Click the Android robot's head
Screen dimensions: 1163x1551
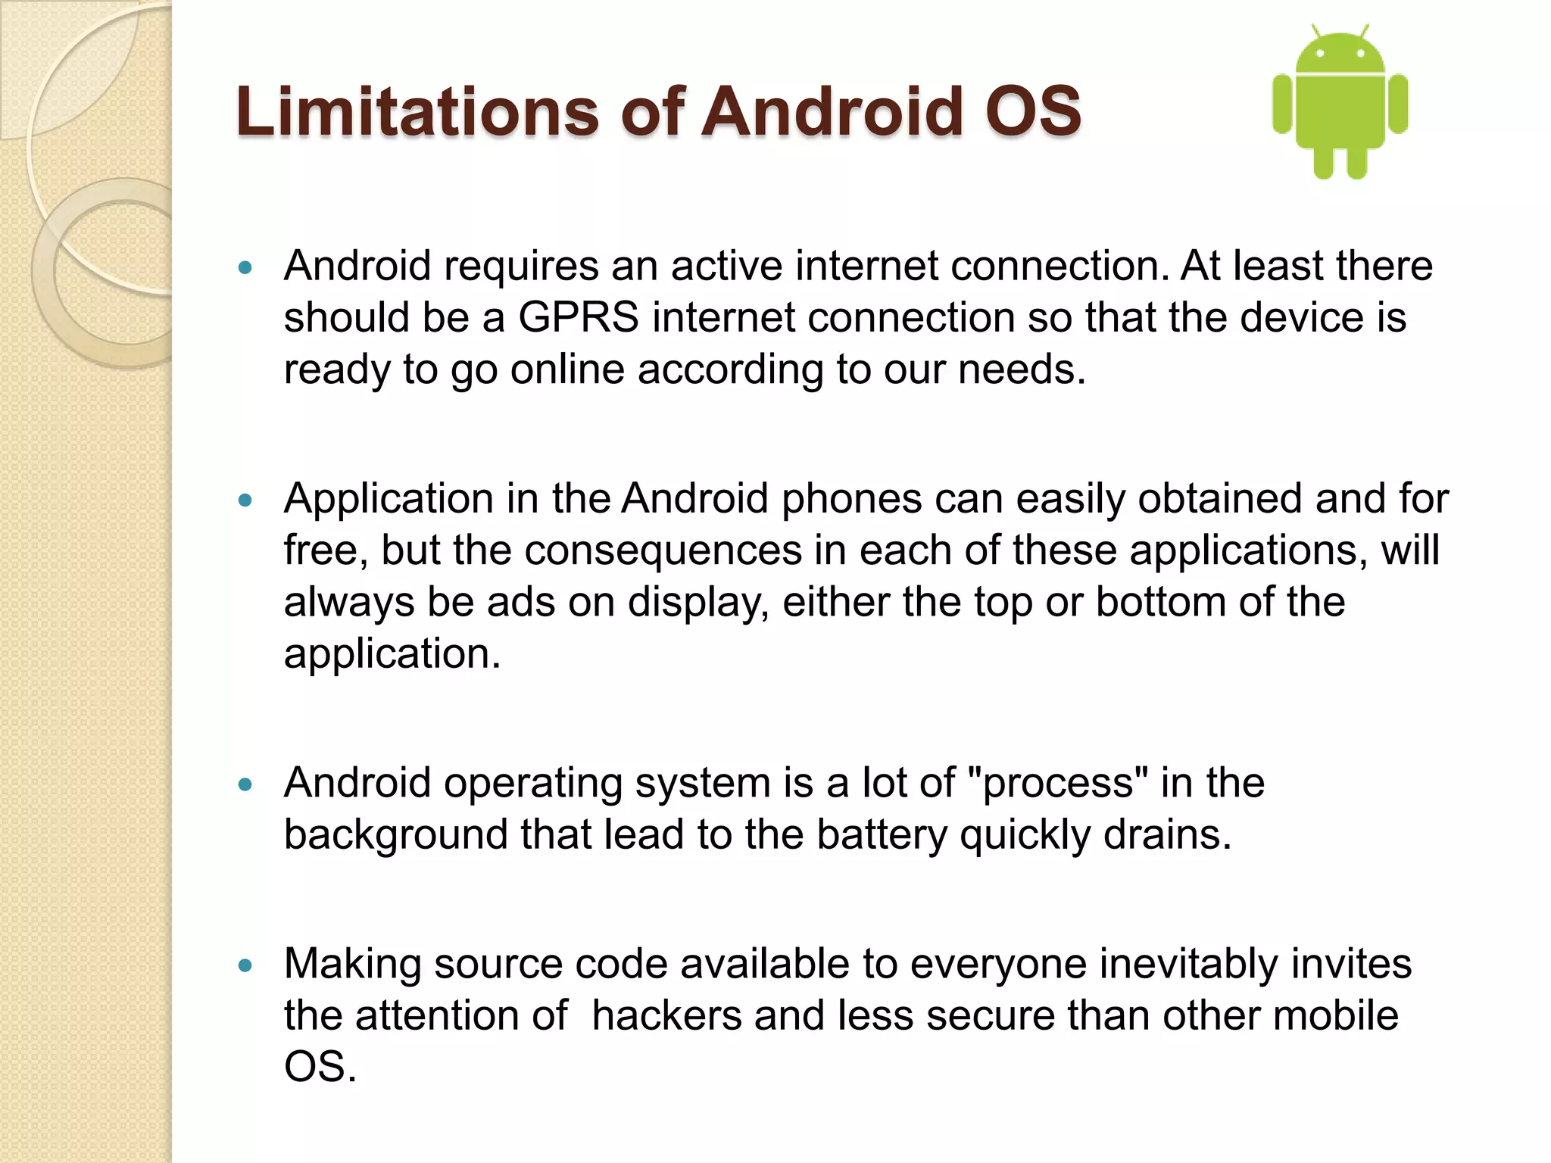pyautogui.click(x=1340, y=53)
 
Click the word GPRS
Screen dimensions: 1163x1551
pyautogui.click(x=578, y=317)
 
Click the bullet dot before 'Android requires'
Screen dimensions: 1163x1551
pyautogui.click(x=244, y=267)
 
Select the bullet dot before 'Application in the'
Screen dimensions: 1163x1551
pyautogui.click(x=244, y=500)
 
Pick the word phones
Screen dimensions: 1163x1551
pyautogui.click(x=851, y=499)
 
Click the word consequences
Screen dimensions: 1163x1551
pyautogui.click(x=663, y=550)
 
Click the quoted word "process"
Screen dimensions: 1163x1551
pyautogui.click(x=1058, y=783)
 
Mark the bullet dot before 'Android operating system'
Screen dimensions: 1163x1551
pyautogui.click(x=244, y=784)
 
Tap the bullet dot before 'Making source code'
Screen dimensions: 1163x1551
pyautogui.click(x=244, y=965)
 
